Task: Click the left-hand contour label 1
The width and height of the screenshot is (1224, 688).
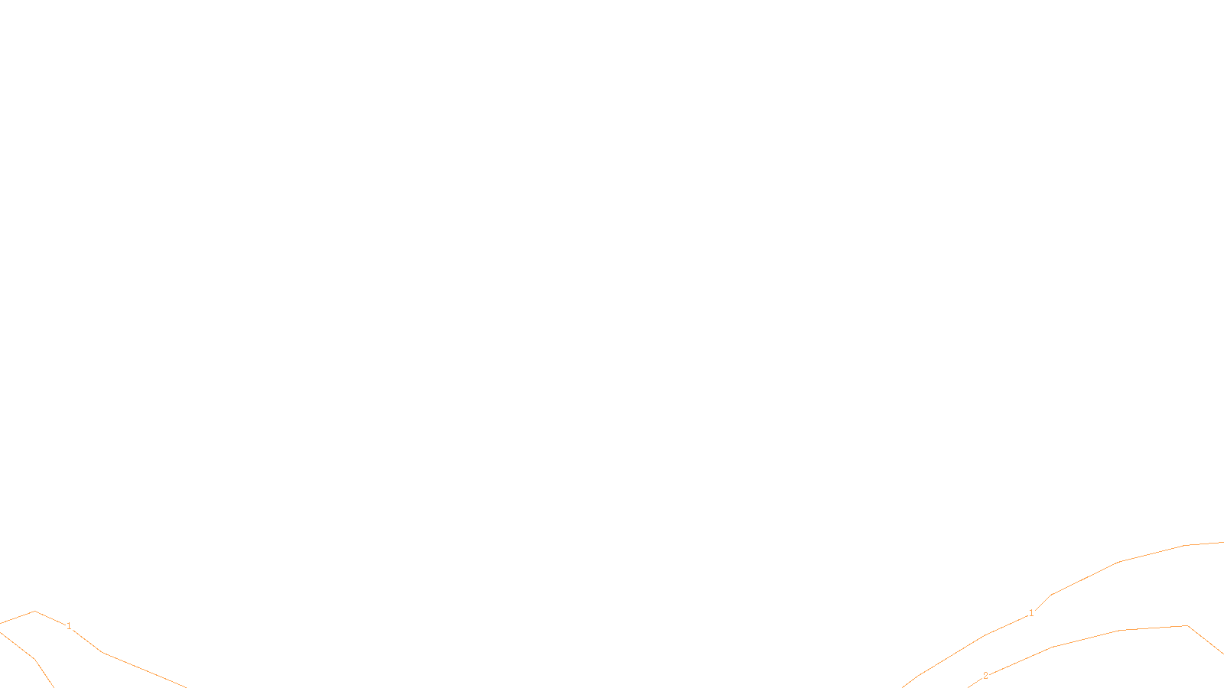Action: (x=69, y=626)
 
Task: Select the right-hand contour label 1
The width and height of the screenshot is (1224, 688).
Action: (x=1031, y=613)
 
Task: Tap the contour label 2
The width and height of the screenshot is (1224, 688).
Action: (x=985, y=676)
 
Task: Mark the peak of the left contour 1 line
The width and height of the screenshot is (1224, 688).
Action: (x=34, y=612)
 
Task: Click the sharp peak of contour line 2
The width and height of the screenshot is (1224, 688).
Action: (x=1188, y=626)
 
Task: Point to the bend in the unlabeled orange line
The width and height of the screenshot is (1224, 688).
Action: (x=34, y=659)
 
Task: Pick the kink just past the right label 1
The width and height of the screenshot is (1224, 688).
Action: (x=1052, y=595)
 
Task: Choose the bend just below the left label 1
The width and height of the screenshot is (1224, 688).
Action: (x=102, y=652)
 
